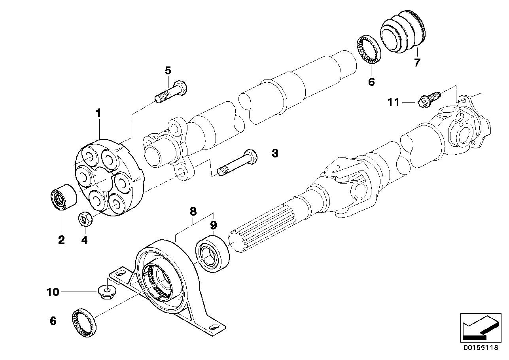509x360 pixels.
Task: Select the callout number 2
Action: [x=61, y=240]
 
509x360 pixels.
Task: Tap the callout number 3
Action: [x=274, y=153]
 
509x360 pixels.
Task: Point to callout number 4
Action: [x=85, y=240]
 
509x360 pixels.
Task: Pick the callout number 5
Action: [x=168, y=71]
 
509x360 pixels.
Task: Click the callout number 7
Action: [x=417, y=63]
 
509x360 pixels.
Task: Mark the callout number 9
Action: [x=214, y=225]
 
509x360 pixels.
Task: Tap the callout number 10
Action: [x=53, y=292]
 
